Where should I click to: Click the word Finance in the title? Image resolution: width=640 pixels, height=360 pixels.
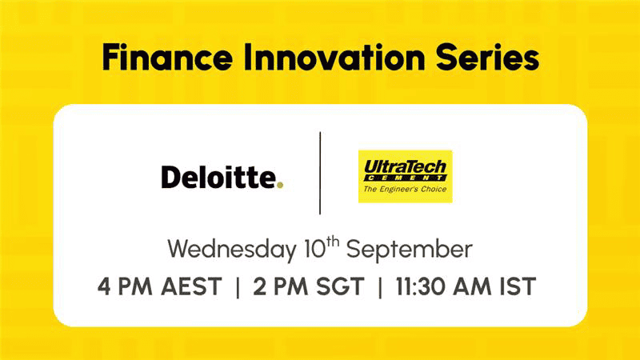(x=167, y=57)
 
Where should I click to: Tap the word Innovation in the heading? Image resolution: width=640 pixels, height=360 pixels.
(x=334, y=57)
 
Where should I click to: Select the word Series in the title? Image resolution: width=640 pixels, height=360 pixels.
(x=488, y=57)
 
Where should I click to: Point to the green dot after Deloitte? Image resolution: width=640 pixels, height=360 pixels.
(x=279, y=185)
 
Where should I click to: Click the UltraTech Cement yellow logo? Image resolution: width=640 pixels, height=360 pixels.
(x=406, y=176)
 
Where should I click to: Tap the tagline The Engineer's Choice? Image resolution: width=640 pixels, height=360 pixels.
(x=405, y=189)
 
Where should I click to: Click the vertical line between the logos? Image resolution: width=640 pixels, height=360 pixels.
(x=320, y=173)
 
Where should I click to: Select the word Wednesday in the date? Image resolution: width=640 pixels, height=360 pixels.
(x=232, y=249)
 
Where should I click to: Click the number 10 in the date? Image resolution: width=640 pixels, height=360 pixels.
(x=315, y=250)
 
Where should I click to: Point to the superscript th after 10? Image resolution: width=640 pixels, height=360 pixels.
(x=333, y=242)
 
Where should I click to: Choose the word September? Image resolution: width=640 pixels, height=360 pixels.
(x=410, y=250)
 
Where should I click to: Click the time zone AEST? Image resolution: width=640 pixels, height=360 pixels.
(x=191, y=286)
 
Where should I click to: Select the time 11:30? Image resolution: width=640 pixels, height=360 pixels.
(x=421, y=286)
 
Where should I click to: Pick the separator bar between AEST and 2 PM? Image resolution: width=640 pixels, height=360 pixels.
(x=238, y=287)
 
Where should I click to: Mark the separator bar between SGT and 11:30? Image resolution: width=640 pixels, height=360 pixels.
(x=380, y=287)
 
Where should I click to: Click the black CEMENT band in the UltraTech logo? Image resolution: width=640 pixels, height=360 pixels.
(x=405, y=178)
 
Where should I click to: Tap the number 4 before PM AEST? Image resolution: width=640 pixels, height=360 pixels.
(x=104, y=286)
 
